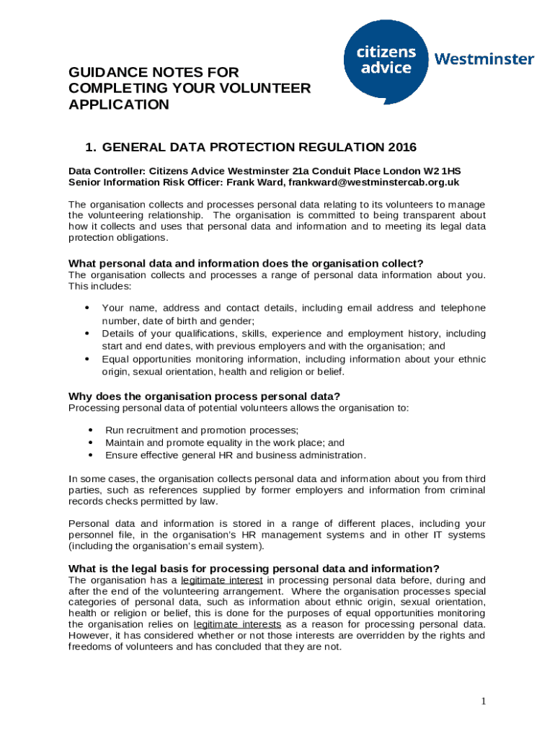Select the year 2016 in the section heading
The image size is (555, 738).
point(401,148)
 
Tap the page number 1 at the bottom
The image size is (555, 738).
point(485,701)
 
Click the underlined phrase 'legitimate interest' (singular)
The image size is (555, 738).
point(222,580)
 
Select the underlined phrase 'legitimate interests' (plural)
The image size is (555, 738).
point(239,624)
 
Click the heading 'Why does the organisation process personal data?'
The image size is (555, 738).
point(204,396)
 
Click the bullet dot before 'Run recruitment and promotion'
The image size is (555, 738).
point(90,430)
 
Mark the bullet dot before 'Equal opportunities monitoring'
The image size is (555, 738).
point(87,359)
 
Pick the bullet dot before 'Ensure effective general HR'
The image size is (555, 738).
point(90,455)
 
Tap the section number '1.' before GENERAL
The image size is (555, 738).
point(91,148)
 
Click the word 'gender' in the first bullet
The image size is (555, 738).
point(239,321)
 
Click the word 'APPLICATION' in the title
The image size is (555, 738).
point(119,105)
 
